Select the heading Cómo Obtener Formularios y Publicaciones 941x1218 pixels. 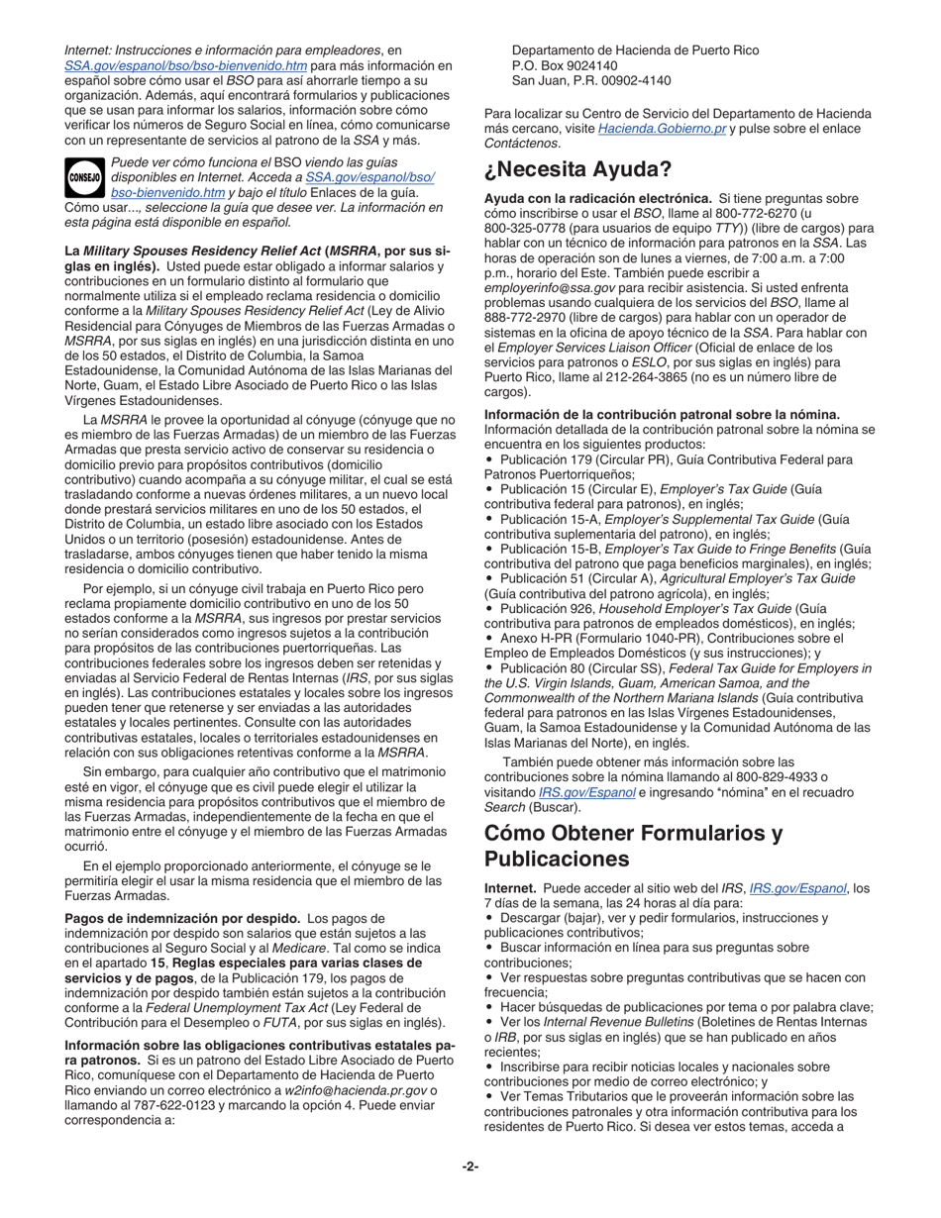click(633, 845)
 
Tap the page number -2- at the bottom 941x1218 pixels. click(470, 1167)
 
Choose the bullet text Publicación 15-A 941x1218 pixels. click(550, 519)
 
